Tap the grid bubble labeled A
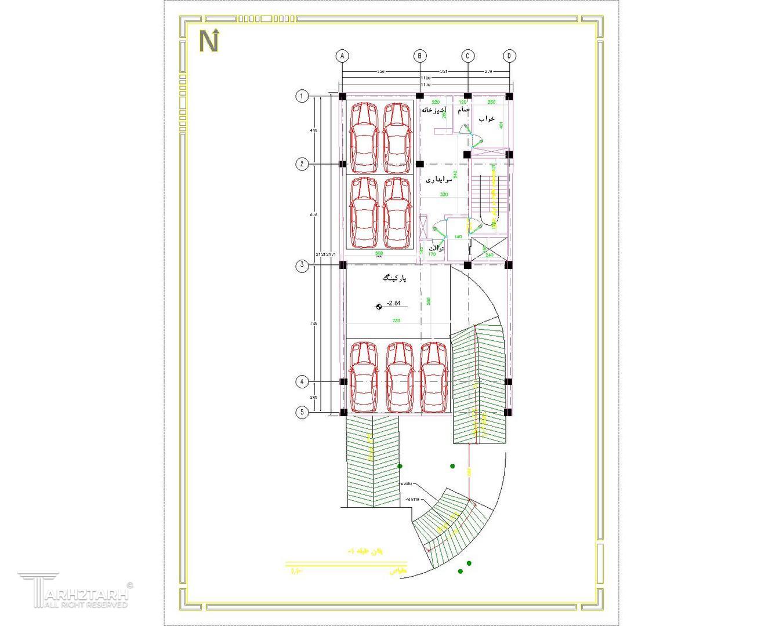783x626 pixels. (342, 56)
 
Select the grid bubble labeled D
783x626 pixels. (509, 56)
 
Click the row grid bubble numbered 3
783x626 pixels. (302, 266)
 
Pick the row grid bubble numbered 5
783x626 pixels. (302, 413)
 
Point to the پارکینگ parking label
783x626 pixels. (394, 279)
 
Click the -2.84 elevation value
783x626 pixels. (394, 303)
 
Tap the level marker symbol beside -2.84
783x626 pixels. (379, 307)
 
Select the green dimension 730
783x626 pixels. (396, 321)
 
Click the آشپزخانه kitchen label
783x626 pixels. (433, 110)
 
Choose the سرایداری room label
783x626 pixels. (439, 180)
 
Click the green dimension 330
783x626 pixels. (444, 194)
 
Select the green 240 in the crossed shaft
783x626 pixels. (489, 255)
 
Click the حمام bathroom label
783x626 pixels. (463, 109)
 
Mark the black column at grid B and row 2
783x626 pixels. (420, 164)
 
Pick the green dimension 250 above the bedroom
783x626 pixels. (491, 103)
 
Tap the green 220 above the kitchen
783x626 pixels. (436, 103)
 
